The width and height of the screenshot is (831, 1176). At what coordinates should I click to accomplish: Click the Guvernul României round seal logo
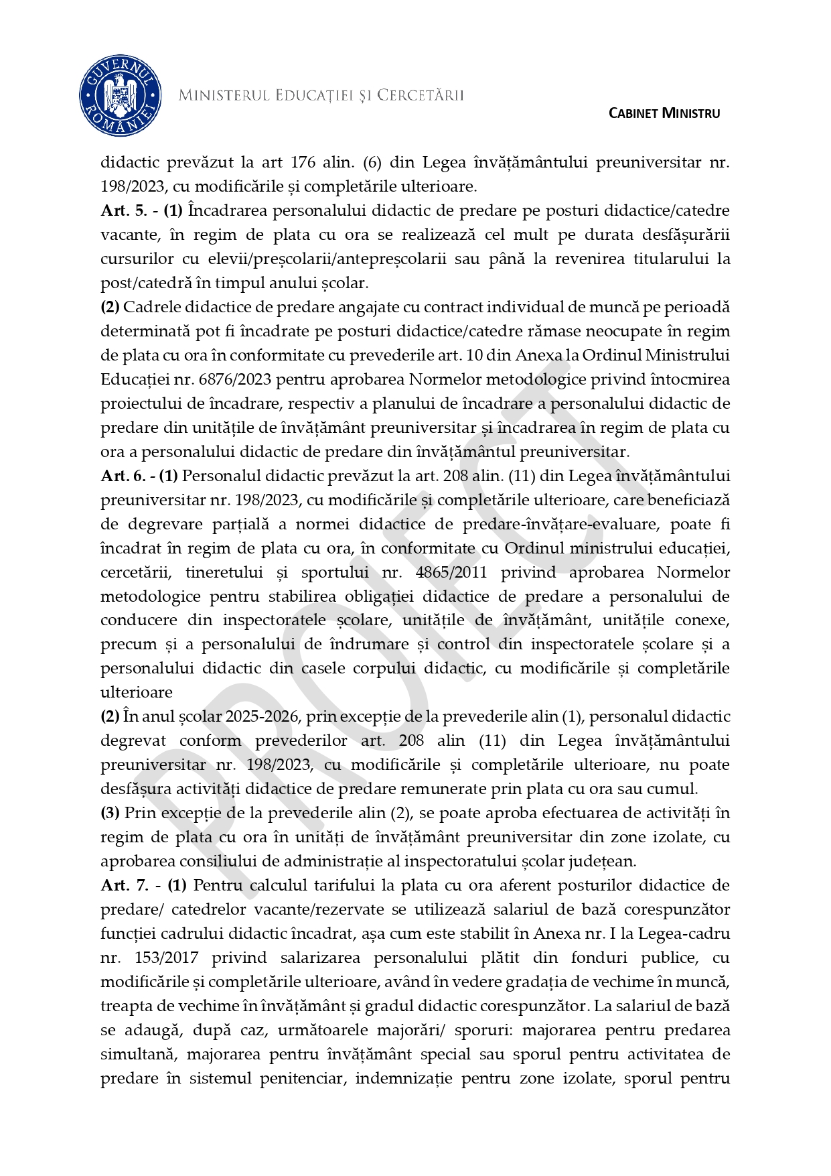[121, 96]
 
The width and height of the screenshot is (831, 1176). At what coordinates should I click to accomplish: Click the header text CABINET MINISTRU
[664, 113]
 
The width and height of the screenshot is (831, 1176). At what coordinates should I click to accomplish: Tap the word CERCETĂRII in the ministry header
[420, 95]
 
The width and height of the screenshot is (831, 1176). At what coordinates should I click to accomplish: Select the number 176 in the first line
[302, 162]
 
